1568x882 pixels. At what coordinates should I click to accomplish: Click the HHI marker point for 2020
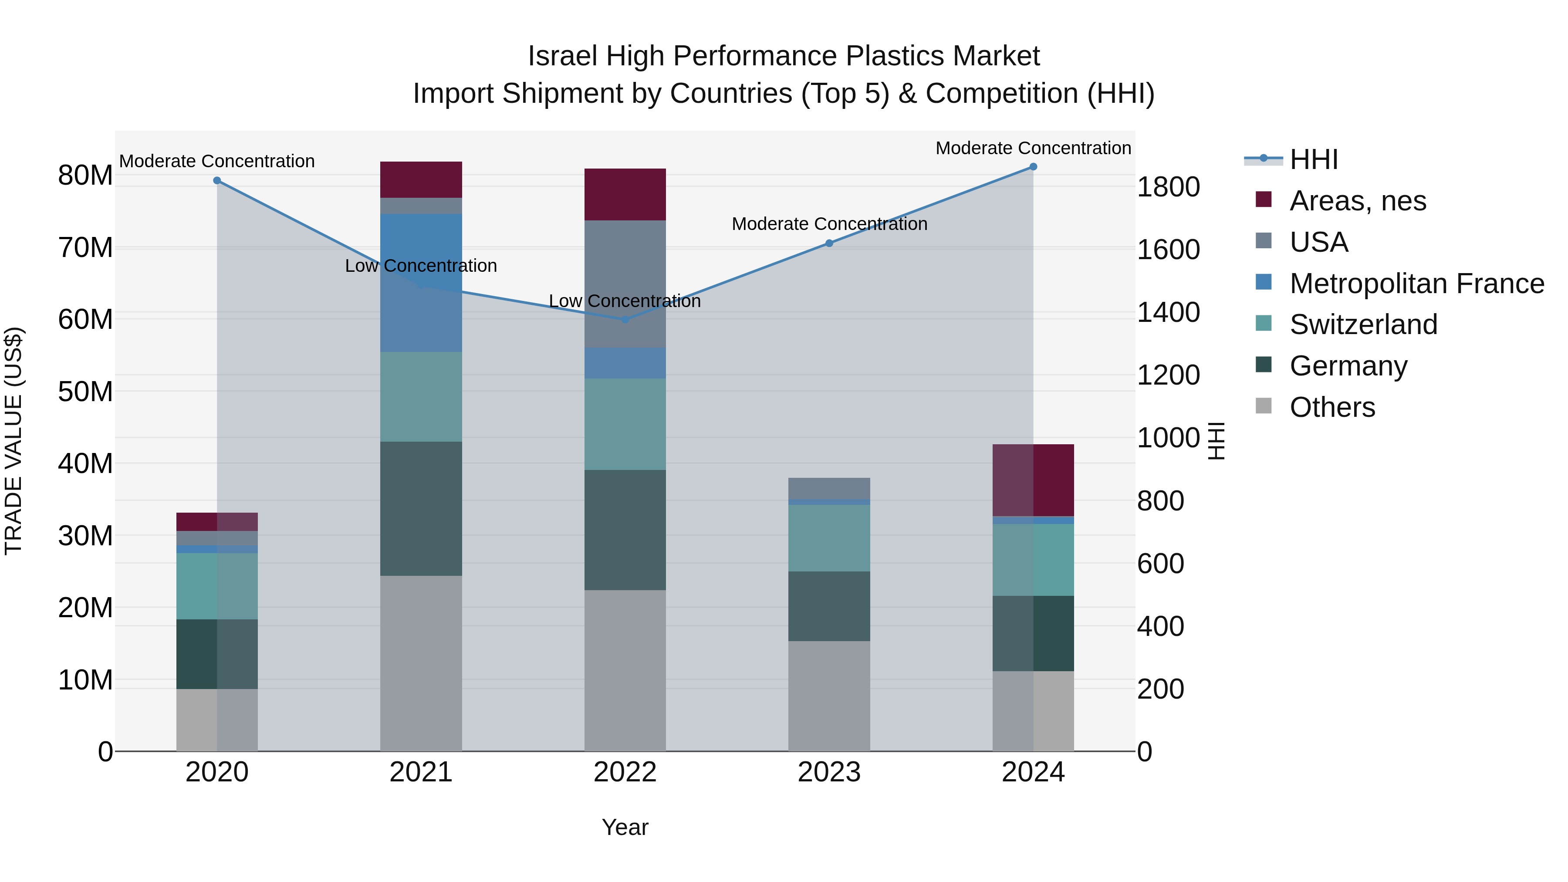(217, 181)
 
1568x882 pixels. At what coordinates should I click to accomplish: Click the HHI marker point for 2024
(1033, 167)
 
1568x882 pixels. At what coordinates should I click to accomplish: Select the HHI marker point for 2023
(829, 243)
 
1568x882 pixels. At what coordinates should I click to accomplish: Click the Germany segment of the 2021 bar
(421, 508)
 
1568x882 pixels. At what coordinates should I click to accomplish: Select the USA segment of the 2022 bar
(625, 284)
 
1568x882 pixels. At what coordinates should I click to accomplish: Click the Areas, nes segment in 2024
(1033, 480)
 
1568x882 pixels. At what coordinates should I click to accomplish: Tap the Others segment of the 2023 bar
(829, 696)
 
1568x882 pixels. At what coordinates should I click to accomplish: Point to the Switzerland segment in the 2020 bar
(217, 586)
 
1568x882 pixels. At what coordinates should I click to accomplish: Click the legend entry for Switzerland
(1363, 324)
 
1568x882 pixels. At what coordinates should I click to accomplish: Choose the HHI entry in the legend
(1314, 159)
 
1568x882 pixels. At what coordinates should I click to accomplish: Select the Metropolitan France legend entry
(1416, 284)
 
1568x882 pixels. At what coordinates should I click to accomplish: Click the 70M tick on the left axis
(85, 248)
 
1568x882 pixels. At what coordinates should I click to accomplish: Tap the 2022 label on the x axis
(625, 773)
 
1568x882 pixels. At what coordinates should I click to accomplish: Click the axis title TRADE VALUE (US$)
(14, 441)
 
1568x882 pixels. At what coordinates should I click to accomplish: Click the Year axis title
(625, 827)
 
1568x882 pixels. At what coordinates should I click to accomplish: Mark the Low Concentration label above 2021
(421, 266)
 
